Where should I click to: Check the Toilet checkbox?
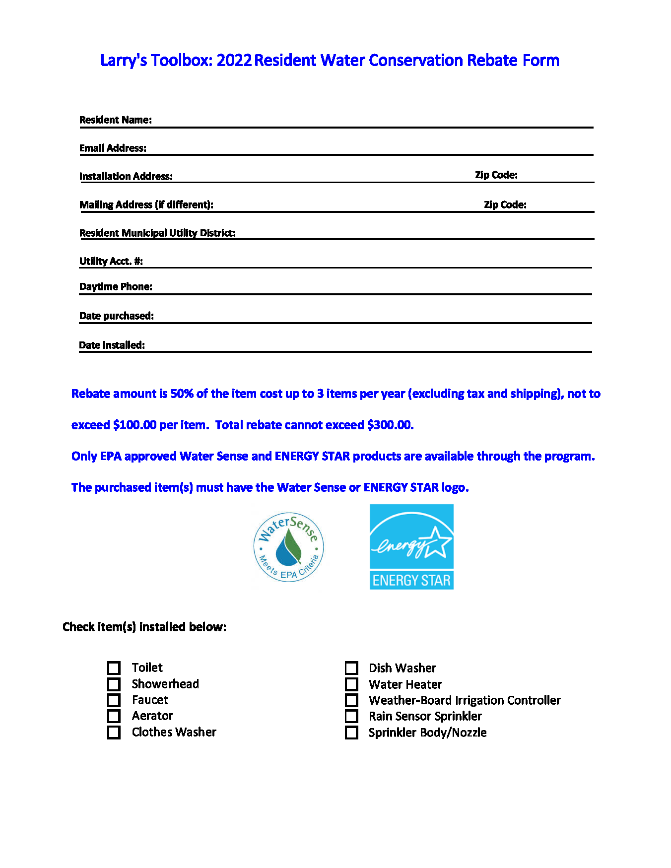(114, 668)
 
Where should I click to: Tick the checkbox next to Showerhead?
(114, 684)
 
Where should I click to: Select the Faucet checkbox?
(114, 700)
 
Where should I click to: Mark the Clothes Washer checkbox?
(114, 733)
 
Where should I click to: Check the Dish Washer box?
(351, 668)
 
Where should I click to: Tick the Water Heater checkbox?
(351, 684)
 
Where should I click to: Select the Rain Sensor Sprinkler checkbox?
(351, 716)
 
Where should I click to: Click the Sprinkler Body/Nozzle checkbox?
(351, 733)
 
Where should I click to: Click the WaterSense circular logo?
(288, 547)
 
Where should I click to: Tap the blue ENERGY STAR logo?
(411, 547)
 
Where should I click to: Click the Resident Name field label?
(116, 120)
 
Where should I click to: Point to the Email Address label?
(113, 148)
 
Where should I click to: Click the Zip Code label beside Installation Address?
(496, 175)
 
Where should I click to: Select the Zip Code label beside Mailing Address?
(505, 204)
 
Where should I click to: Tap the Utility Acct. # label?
(111, 261)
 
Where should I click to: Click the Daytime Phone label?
(116, 286)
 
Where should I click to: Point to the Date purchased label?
(117, 316)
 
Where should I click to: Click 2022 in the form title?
(234, 61)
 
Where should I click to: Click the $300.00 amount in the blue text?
(390, 425)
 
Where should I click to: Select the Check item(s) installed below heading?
(144, 627)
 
